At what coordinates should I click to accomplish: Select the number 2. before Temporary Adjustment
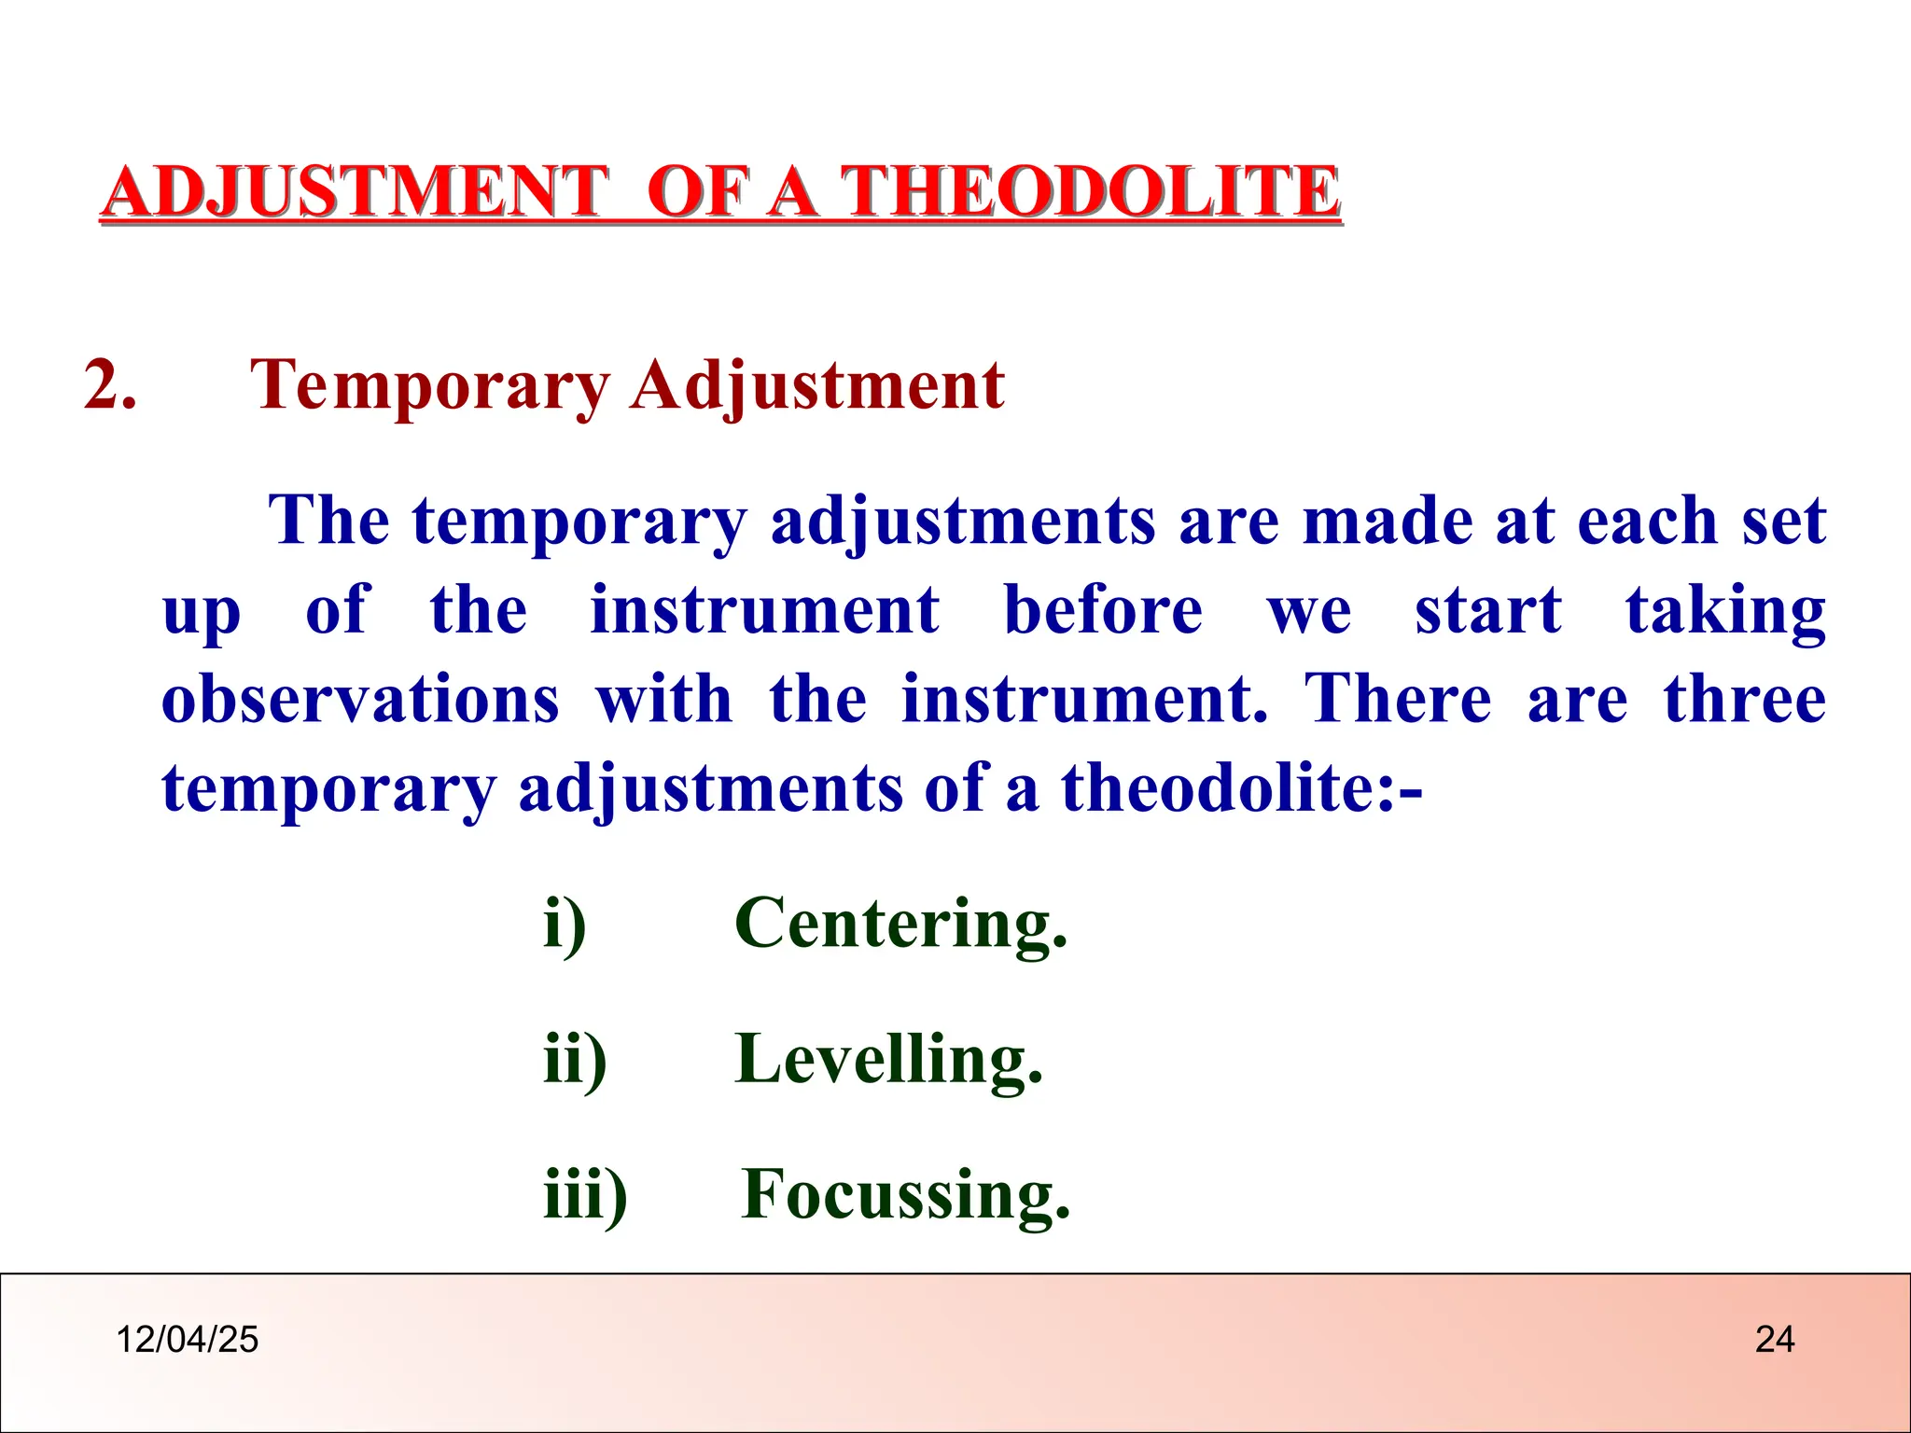point(110,384)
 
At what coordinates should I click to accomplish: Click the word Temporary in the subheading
point(429,386)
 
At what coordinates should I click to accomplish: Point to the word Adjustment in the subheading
point(817,386)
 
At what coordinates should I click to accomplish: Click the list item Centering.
point(900,924)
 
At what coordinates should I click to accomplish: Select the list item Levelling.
point(888,1060)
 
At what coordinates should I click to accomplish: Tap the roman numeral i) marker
point(565,924)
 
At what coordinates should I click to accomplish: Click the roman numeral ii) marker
point(575,1060)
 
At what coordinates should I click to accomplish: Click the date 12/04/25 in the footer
point(187,1340)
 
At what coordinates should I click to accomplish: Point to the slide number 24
point(1774,1340)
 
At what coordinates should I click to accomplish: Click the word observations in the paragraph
point(360,700)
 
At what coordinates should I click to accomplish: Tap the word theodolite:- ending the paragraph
point(1241,789)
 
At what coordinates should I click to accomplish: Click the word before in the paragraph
point(1103,611)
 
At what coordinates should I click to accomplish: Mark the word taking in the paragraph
point(1725,613)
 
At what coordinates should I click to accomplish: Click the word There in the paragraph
point(1397,700)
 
